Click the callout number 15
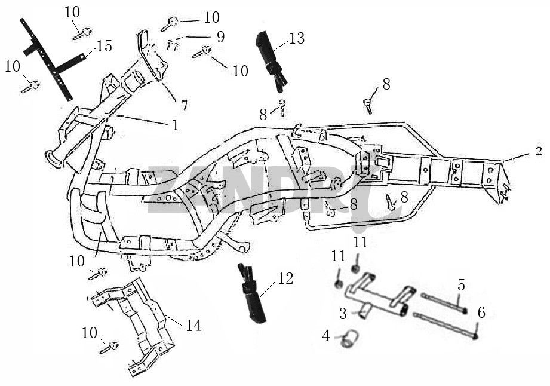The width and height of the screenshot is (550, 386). (x=104, y=47)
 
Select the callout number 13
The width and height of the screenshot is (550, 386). (x=296, y=39)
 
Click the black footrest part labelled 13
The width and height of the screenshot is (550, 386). (x=270, y=58)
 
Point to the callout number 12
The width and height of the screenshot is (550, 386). (x=285, y=278)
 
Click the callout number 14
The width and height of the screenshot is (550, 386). (x=193, y=326)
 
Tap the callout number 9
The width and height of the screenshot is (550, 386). (x=220, y=37)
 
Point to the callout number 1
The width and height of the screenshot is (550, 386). (x=175, y=125)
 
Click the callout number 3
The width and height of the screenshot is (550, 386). (x=343, y=313)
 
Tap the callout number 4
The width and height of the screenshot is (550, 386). (x=326, y=336)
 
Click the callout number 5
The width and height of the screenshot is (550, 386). (x=461, y=284)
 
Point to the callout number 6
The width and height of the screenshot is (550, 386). (x=481, y=312)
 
